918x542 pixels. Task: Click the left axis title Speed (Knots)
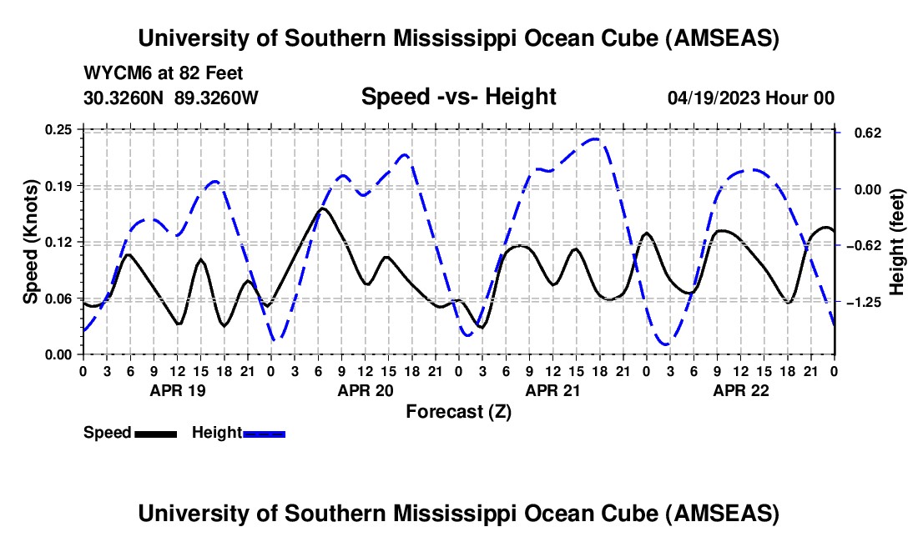pyautogui.click(x=30, y=241)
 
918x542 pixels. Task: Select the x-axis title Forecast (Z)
pyautogui.click(x=458, y=411)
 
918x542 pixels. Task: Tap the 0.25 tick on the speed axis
pyautogui.click(x=59, y=129)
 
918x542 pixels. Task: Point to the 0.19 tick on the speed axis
pyautogui.click(x=59, y=185)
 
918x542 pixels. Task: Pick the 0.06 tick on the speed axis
pyautogui.click(x=59, y=299)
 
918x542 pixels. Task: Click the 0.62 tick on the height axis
pyautogui.click(x=860, y=133)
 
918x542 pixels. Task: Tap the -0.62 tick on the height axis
pyautogui.click(x=863, y=245)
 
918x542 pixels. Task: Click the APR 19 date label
pyautogui.click(x=176, y=389)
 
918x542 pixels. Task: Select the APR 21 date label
pyautogui.click(x=552, y=389)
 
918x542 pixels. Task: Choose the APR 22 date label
pyautogui.click(x=739, y=389)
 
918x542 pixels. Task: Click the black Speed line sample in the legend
pyautogui.click(x=155, y=434)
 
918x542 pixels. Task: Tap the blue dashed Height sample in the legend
pyautogui.click(x=264, y=434)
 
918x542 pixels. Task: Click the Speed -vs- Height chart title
pyautogui.click(x=458, y=97)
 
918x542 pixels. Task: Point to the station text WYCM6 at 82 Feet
pyautogui.click(x=163, y=73)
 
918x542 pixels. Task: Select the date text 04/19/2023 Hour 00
pyautogui.click(x=750, y=98)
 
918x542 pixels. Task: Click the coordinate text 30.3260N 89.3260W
pyautogui.click(x=170, y=98)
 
